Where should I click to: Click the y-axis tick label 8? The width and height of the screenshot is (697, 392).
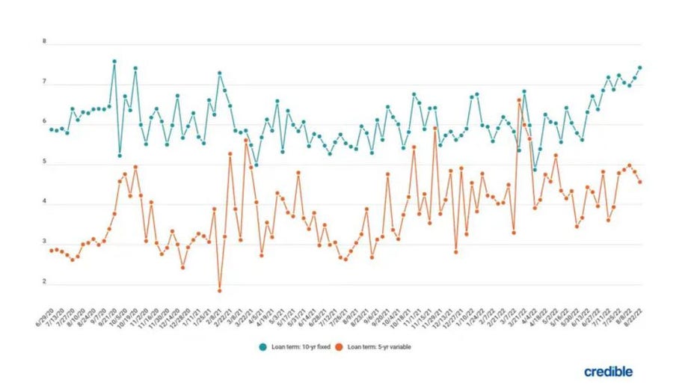pos(44,43)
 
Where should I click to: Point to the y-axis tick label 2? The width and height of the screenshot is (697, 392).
pos(44,282)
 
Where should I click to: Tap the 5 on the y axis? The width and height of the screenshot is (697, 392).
pos(44,162)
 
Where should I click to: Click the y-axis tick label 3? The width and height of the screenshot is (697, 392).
pos(44,242)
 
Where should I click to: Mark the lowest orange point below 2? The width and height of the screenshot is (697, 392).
pos(220,290)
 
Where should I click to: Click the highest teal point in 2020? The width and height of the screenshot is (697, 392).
pos(114,61)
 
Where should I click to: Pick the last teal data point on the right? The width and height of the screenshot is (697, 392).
pos(640,67)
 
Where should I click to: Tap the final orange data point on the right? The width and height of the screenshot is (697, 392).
pos(640,182)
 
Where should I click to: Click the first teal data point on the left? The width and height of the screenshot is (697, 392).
pos(51,129)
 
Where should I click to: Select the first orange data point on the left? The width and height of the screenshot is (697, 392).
pos(51,251)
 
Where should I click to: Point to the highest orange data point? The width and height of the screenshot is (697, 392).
pos(519,99)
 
